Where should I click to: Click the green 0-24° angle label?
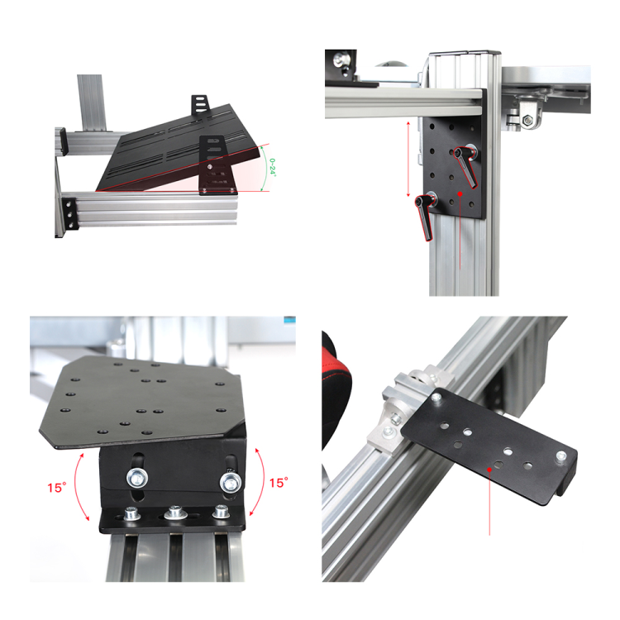272,167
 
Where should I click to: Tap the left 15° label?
57,488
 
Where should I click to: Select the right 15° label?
279,483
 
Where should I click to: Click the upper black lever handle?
465,166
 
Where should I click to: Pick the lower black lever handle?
424,217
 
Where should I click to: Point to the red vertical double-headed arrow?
408,159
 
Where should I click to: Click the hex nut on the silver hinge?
528,120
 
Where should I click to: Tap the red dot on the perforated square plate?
460,193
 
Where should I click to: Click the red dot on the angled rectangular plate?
489,470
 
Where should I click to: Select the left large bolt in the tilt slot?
137,478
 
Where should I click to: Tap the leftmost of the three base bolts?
132,513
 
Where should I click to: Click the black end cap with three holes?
69,214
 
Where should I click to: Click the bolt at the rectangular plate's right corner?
560,457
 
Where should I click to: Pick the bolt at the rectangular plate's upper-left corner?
436,398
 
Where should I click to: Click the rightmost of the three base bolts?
221,511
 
